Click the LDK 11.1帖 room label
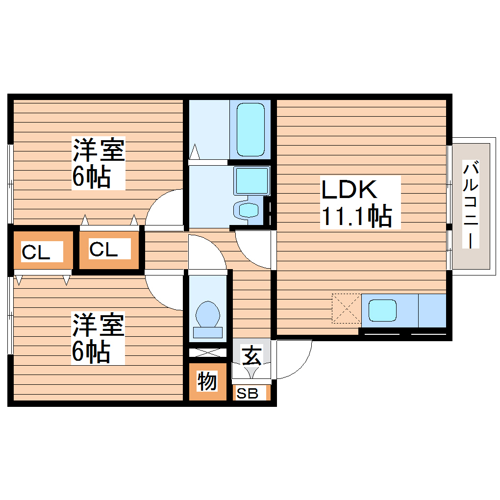pyautogui.click(x=356, y=202)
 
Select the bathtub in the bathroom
pyautogui.click(x=250, y=129)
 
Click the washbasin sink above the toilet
pyautogui.click(x=251, y=180)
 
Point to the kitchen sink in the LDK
pyautogui.click(x=382, y=310)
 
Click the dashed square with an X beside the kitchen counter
pyautogui.click(x=346, y=309)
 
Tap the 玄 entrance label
pyautogui.click(x=251, y=355)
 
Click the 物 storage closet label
pyautogui.click(x=207, y=381)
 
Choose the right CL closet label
pyautogui.click(x=103, y=249)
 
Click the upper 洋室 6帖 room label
pyautogui.click(x=98, y=163)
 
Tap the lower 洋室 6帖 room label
pyautogui.click(x=98, y=338)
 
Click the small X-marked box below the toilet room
pyautogui.click(x=208, y=352)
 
